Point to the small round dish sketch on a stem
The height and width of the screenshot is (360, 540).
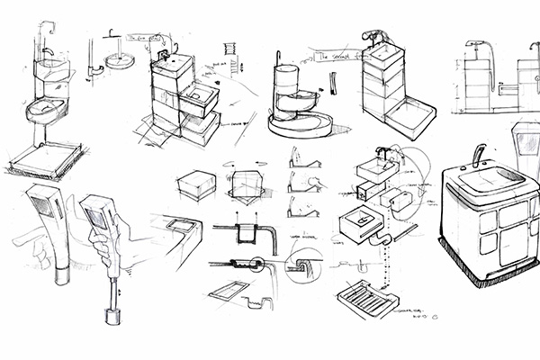click(x=117, y=61)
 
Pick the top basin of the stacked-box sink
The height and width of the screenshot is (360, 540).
click(x=174, y=65)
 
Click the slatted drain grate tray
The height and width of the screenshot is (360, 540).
click(x=369, y=296)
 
